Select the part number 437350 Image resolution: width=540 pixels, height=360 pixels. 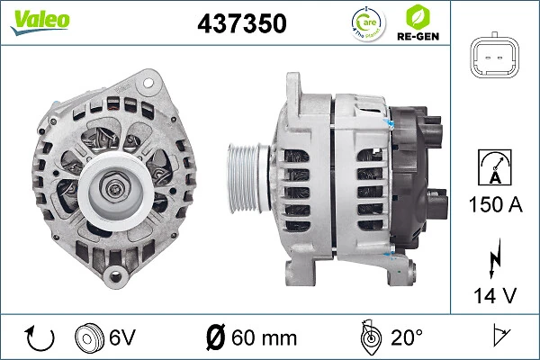click(x=240, y=24)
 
